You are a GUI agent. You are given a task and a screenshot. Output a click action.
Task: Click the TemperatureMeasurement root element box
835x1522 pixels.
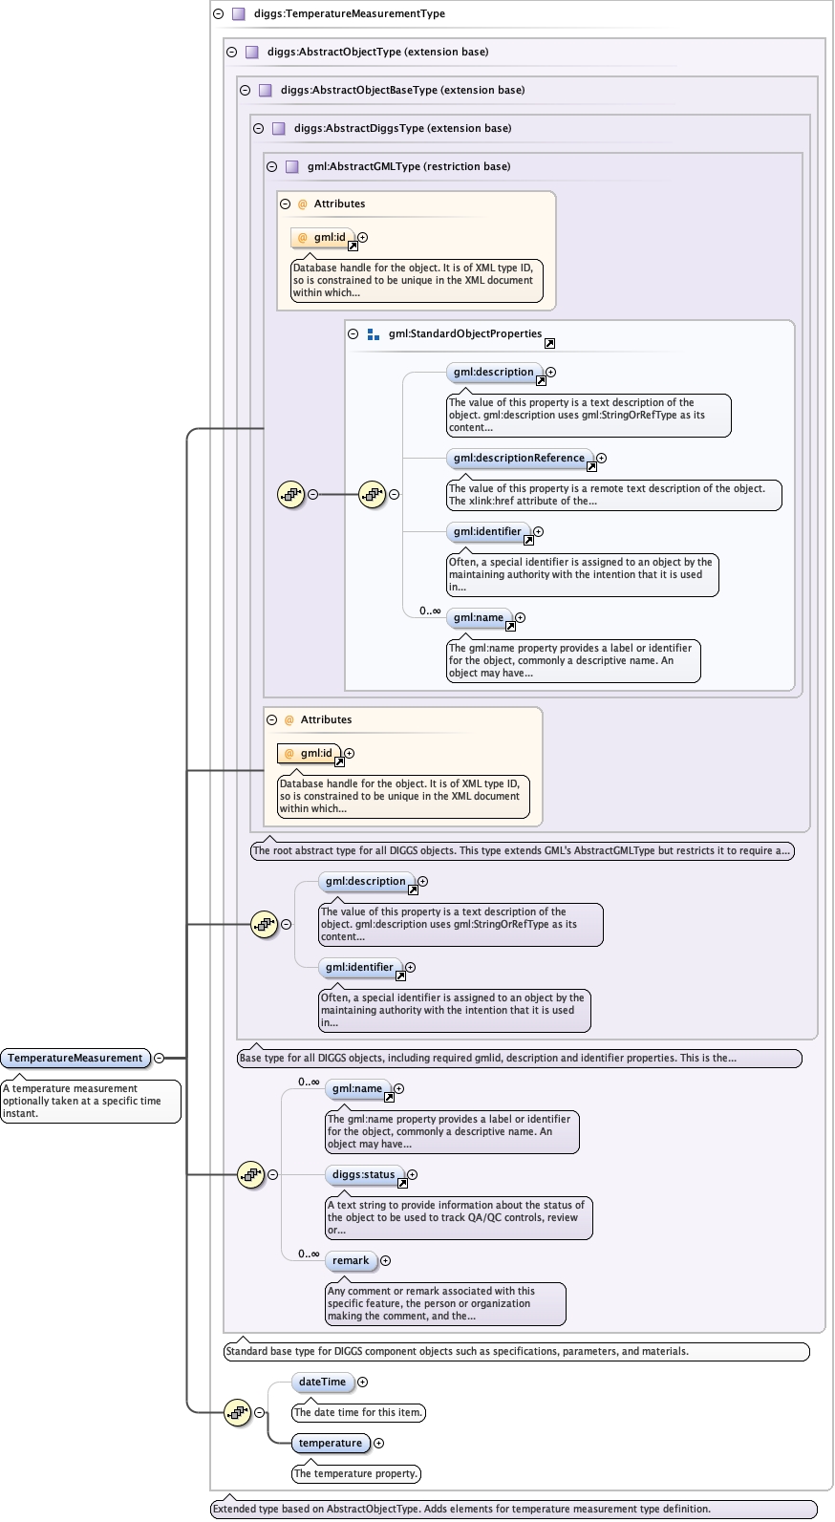pyautogui.click(x=75, y=1058)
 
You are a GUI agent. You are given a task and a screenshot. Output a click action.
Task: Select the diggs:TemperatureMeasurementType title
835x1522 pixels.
pyautogui.click(x=349, y=13)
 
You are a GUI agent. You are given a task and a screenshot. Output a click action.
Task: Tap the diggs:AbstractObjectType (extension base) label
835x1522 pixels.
pyautogui.click(x=377, y=52)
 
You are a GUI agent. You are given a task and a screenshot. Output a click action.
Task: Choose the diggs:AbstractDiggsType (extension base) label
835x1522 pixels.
pyautogui.click(x=402, y=128)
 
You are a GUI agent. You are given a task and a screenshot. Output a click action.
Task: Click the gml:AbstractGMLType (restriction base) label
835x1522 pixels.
pyautogui.click(x=409, y=166)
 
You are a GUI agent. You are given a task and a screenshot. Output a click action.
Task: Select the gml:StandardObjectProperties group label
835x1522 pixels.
pyautogui.click(x=464, y=333)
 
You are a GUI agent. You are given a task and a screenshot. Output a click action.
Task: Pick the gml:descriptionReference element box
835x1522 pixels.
pyautogui.click(x=519, y=459)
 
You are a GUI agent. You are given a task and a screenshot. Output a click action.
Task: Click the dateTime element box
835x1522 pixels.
pyautogui.click(x=322, y=1382)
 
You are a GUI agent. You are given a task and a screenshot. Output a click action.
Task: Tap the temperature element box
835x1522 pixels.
pyautogui.click(x=330, y=1443)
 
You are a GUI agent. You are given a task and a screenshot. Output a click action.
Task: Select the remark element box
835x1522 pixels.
pyautogui.click(x=351, y=1261)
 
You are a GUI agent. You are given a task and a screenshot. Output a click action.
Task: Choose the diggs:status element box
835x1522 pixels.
pyautogui.click(x=363, y=1175)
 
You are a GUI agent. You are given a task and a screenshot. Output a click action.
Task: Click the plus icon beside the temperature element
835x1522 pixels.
pyautogui.click(x=378, y=1443)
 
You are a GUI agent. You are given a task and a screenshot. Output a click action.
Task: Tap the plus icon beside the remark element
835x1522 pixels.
pyautogui.click(x=385, y=1261)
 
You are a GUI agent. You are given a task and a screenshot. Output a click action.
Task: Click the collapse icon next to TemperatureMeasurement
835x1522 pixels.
pyautogui.click(x=159, y=1058)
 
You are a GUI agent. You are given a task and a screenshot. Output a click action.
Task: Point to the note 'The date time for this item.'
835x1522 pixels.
pyautogui.click(x=358, y=1412)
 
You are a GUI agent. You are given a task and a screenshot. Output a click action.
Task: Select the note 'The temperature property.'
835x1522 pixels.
pyautogui.click(x=355, y=1473)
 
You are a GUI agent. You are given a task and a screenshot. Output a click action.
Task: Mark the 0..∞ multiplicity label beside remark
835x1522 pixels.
pyautogui.click(x=309, y=1254)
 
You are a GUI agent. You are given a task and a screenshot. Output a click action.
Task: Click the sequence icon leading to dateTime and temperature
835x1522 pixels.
pyautogui.click(x=237, y=1412)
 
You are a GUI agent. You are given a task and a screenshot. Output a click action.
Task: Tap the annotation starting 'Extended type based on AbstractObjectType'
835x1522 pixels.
pyautogui.click(x=461, y=1509)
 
